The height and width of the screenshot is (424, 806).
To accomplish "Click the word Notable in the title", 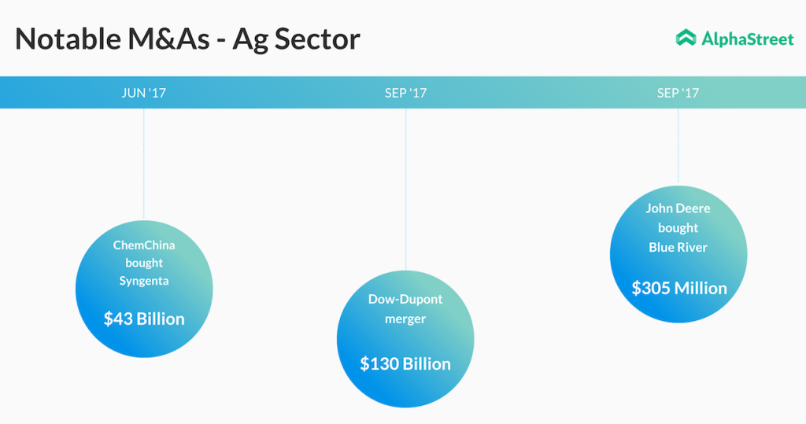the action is pos(68,39).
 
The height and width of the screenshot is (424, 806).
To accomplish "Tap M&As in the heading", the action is pos(168,39).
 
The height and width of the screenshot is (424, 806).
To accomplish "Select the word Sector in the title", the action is pos(317,39).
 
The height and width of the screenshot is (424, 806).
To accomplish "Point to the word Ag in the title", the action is pos(250,41).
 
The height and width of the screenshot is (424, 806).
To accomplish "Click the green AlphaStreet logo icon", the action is pos(686,38).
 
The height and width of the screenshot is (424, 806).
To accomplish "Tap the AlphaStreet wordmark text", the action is pos(748,39).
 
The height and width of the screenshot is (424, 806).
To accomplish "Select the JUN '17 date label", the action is pos(144,93).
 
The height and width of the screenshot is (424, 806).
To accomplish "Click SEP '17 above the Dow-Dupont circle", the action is pos(405,93).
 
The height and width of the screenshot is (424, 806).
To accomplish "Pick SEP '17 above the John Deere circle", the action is pos(678,93).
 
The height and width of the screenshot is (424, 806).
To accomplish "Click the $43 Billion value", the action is pos(144,319).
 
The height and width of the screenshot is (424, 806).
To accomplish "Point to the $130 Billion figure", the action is pos(405,364).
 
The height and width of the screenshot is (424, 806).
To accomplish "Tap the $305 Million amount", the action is pos(679,288).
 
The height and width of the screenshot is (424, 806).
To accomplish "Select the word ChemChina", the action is pos(144,245).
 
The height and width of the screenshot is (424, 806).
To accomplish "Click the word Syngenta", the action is pos(144,281).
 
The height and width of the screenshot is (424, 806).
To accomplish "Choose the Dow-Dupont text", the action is pos(405,299).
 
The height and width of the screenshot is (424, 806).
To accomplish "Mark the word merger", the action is pos(405,319).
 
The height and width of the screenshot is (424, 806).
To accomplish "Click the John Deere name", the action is pos(678,208).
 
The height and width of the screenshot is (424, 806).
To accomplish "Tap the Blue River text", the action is pos(678,247).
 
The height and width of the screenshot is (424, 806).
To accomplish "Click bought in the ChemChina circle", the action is pos(144,264).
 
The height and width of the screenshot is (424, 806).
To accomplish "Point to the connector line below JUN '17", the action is pos(144,164).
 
